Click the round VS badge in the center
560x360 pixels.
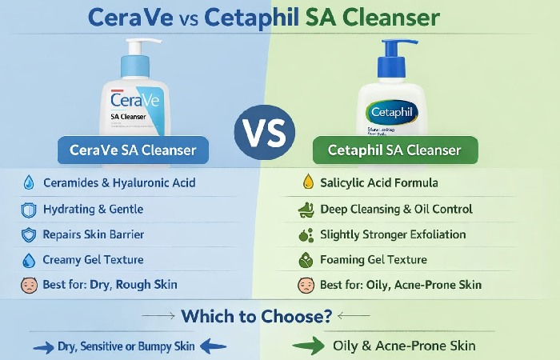(x=264, y=129)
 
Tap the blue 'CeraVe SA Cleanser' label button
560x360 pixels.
(x=138, y=150)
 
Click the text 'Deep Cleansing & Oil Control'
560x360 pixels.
(x=396, y=209)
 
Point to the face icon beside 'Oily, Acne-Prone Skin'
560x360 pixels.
(x=304, y=285)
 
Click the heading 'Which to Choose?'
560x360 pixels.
(x=257, y=316)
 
